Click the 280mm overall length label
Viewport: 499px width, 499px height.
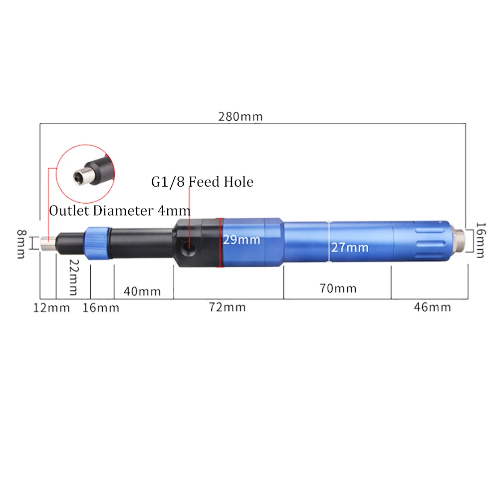pos(241,117)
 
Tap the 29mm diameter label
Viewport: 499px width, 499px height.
pos(241,240)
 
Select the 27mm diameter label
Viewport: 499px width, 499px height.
pos(350,248)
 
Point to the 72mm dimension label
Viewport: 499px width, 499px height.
pos(227,307)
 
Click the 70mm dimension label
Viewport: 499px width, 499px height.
pos(338,288)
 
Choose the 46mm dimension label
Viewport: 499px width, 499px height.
pos(433,307)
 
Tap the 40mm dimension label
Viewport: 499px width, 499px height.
pos(142,291)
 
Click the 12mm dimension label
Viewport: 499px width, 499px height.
pos(51,308)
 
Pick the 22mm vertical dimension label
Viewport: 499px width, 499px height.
pos(74,277)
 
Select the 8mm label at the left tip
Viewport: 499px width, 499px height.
pos(21,244)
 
